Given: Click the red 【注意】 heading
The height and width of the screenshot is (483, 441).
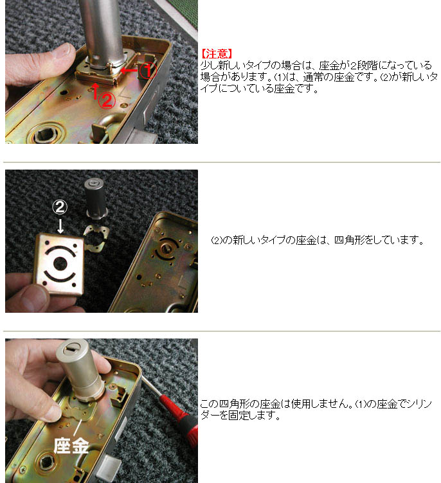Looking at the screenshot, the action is click(216, 53).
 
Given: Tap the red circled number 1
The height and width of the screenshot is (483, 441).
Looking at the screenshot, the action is click(148, 71).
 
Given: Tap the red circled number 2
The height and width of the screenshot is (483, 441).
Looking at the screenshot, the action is click(107, 100).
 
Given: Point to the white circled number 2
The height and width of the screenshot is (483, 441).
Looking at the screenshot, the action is click(60, 207).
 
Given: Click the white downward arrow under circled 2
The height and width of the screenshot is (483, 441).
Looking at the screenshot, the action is click(61, 225).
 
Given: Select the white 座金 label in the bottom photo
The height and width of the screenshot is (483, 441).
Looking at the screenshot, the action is click(71, 446).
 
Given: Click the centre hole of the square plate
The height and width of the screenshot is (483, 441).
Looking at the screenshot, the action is click(60, 264).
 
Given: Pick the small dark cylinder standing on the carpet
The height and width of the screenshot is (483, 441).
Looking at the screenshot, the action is click(96, 199).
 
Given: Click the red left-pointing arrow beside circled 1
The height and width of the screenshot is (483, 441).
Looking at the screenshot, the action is click(129, 71).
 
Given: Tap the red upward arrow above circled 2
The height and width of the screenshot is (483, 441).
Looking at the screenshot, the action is click(96, 91).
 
